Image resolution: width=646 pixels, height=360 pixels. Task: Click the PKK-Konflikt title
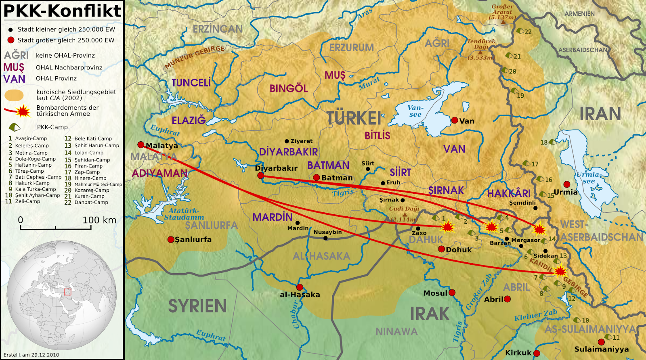62,11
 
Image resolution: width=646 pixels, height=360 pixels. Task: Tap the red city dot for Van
455,120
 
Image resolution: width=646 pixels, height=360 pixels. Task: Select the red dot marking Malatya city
141,144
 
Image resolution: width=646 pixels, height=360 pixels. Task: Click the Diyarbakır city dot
260,176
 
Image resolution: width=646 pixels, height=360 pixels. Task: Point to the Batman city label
337,178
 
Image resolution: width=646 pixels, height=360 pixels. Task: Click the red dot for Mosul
452,293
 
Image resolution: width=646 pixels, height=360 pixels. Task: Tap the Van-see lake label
415,111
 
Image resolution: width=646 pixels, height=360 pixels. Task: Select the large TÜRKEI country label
354,118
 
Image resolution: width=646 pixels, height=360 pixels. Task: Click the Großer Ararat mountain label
502,12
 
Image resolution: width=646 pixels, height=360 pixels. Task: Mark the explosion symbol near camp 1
447,227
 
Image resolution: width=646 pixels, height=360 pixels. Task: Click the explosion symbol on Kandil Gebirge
560,271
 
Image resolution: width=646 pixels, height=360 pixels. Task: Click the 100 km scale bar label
99,220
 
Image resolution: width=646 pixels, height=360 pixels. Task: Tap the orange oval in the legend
14,95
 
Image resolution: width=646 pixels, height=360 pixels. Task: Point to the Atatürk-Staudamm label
184,214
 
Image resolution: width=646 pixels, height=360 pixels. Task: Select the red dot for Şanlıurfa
171,239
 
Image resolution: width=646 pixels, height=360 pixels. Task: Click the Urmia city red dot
567,184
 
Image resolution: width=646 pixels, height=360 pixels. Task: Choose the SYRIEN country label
197,306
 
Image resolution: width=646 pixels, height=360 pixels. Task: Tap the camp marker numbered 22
520,31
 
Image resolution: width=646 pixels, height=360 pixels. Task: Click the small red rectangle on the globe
67,292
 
